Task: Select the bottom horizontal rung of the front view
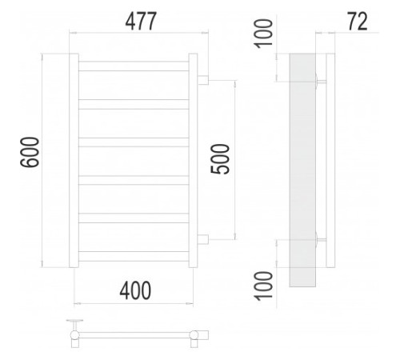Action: click(134, 255)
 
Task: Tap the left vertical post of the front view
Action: click(74, 160)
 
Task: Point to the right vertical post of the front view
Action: click(193, 160)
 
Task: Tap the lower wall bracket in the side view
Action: click(321, 239)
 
